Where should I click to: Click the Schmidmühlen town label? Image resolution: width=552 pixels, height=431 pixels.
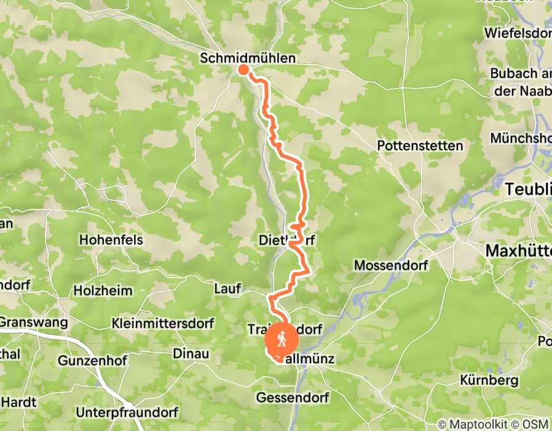(248, 58)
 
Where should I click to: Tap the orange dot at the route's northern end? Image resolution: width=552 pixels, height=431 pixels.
(243, 69)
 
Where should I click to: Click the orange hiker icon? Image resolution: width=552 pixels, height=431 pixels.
(282, 339)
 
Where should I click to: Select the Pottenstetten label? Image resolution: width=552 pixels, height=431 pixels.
(420, 146)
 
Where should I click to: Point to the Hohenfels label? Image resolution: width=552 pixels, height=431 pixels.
(111, 240)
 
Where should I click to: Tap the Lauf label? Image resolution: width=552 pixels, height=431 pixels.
(227, 288)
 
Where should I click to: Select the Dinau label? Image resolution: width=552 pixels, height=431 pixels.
(191, 354)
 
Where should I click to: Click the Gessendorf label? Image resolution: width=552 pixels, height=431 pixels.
(293, 397)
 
